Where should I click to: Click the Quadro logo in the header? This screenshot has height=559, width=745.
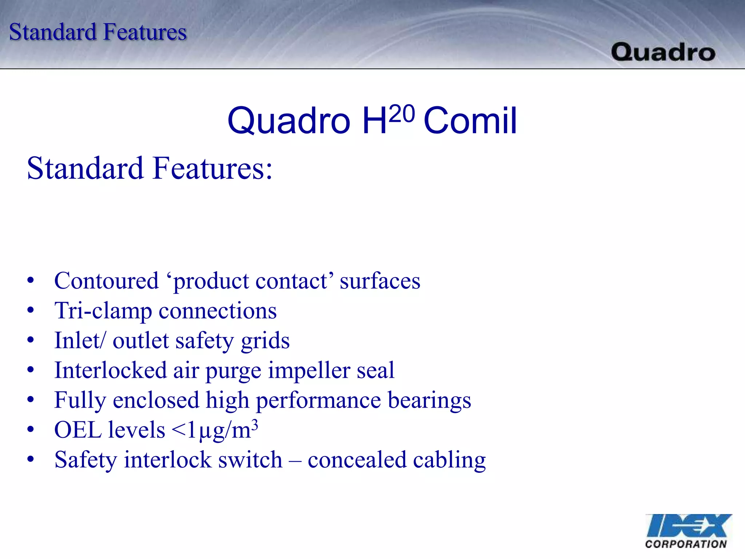coord(663,52)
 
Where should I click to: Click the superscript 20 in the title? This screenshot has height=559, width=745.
coord(402,114)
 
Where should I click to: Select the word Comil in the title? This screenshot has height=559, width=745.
coord(470,121)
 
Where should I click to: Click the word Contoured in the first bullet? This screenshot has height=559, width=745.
coord(106,281)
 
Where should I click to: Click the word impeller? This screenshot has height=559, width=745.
coord(309,371)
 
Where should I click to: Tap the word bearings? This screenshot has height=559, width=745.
coord(429,401)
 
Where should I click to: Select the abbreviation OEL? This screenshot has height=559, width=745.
coord(78,430)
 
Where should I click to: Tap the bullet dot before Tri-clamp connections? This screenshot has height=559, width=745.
coord(31,310)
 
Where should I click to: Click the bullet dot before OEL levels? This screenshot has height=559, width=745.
coord(31,430)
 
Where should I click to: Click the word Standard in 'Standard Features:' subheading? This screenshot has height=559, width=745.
coord(85,169)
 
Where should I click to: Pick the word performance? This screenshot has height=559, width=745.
coord(319,401)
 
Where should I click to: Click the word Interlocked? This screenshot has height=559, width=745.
coord(110,370)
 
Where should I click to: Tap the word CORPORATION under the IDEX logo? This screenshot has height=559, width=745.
coord(686,544)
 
